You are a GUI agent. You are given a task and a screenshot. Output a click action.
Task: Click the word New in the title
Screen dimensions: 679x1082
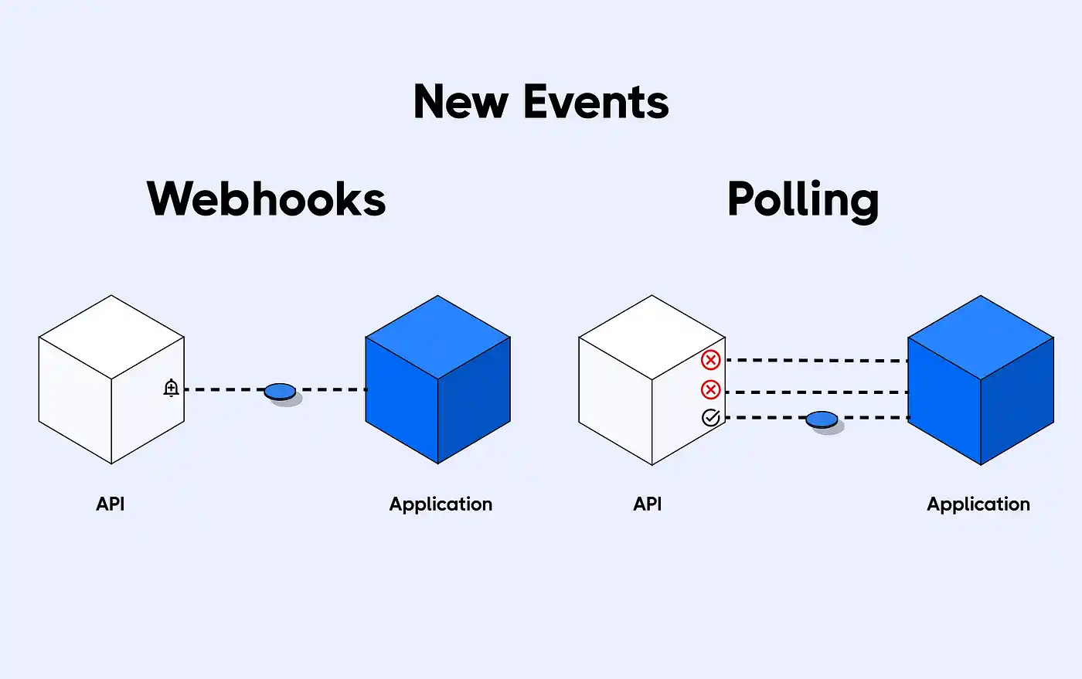pos(461,102)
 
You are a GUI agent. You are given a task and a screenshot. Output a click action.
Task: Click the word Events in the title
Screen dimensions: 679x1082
pos(595,102)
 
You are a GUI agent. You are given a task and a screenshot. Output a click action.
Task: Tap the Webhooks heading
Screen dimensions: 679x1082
pos(266,199)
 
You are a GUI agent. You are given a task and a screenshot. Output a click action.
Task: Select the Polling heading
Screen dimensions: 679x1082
pos(803,200)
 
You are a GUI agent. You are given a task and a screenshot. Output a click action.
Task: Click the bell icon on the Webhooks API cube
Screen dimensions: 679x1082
pos(172,388)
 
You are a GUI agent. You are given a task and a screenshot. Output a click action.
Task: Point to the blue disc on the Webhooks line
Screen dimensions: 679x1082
pos(280,392)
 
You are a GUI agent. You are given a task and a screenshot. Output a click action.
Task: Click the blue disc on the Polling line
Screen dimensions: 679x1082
pos(822,419)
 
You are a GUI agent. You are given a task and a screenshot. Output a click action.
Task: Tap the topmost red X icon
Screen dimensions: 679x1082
pos(710,360)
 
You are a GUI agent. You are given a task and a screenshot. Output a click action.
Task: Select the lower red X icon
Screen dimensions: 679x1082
pos(710,389)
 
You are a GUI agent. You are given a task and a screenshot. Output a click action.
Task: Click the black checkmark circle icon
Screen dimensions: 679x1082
pos(710,418)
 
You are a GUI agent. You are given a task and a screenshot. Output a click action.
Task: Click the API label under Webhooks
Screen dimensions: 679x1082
pos(110,504)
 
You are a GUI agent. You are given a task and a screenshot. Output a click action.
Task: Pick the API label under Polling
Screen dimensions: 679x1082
pos(647,504)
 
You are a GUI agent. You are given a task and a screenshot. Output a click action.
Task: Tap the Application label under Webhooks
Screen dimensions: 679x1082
pos(441,504)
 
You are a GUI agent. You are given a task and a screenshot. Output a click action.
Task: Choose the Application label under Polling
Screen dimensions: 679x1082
pos(978,504)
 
